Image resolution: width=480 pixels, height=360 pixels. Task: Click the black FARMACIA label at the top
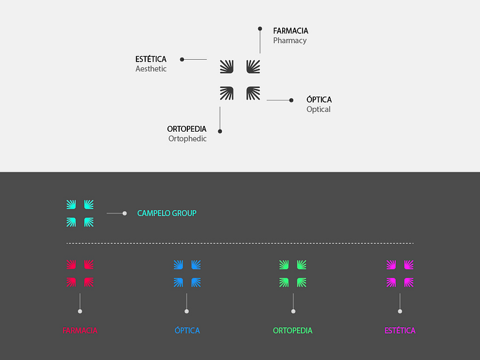[x=290, y=31]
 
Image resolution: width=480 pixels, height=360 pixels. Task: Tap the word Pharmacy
[x=290, y=41]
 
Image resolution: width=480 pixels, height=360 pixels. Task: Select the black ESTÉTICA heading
[x=151, y=59]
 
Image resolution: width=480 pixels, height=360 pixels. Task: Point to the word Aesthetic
[x=151, y=68]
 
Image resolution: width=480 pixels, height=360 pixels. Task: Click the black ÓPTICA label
[x=319, y=100]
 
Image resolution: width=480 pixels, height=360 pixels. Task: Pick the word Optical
[x=318, y=109]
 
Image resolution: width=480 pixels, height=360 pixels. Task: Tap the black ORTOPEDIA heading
[x=187, y=129]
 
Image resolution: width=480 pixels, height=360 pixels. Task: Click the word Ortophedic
[x=187, y=139]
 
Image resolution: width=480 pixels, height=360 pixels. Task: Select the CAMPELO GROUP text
[x=167, y=213]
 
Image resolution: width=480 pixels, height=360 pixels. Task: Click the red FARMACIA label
[x=80, y=331]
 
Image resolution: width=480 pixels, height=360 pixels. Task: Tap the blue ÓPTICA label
[x=187, y=330]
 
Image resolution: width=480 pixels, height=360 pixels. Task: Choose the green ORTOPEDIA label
[x=293, y=331]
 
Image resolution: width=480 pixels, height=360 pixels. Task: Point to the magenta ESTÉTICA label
[x=400, y=330]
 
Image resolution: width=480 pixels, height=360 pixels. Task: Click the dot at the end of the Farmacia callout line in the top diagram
[x=260, y=29]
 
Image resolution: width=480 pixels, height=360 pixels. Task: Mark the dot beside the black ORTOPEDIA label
[x=220, y=131]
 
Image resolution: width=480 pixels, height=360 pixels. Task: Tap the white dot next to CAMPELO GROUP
[x=125, y=214]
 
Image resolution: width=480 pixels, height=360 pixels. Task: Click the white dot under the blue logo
[x=186, y=311]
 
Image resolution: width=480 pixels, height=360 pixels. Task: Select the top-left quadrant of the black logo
[x=227, y=67]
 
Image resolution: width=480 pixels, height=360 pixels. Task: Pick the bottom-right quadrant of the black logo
[x=253, y=94]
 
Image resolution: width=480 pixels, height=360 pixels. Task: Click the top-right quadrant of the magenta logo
[x=409, y=265]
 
